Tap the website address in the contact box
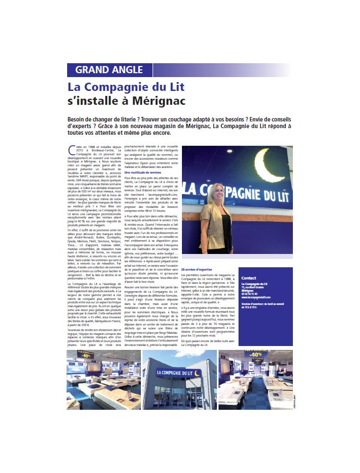coord(260,300)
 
